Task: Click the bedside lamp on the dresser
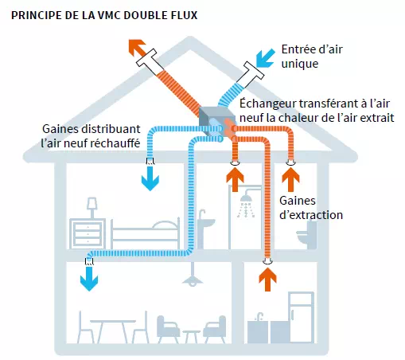click(92, 209)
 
